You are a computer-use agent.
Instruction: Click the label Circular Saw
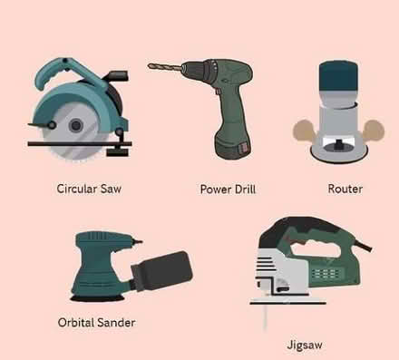pyautogui.click(x=88, y=190)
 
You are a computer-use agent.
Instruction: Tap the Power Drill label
pyautogui.click(x=228, y=190)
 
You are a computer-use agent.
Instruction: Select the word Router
pyautogui.click(x=345, y=190)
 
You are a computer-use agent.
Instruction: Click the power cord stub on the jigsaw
pyautogui.click(x=367, y=247)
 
